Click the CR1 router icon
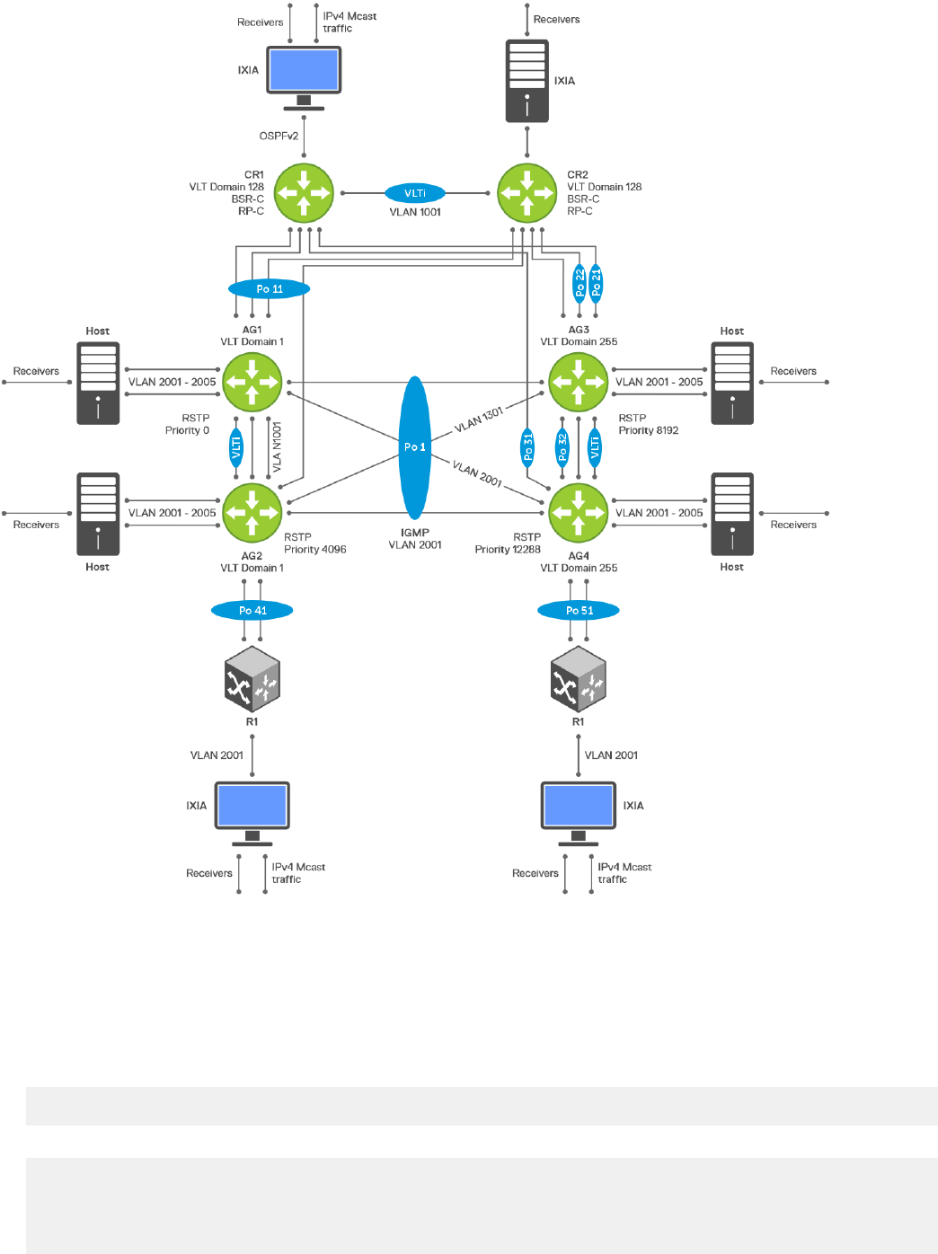304,193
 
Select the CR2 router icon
527,193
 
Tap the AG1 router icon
252,382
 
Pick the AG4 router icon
578,512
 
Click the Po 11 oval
269,288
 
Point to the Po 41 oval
252,610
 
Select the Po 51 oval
578,610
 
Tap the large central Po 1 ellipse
415,447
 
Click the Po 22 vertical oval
580,282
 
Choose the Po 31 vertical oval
527,447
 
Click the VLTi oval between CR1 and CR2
415,193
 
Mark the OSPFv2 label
279,136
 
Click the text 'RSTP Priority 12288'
508,543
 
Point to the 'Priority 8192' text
649,430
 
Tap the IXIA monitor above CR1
304,78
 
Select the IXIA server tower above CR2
527,81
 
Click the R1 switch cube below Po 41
252,679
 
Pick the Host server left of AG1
98,383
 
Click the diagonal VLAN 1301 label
479,419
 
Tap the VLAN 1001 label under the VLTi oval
415,212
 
